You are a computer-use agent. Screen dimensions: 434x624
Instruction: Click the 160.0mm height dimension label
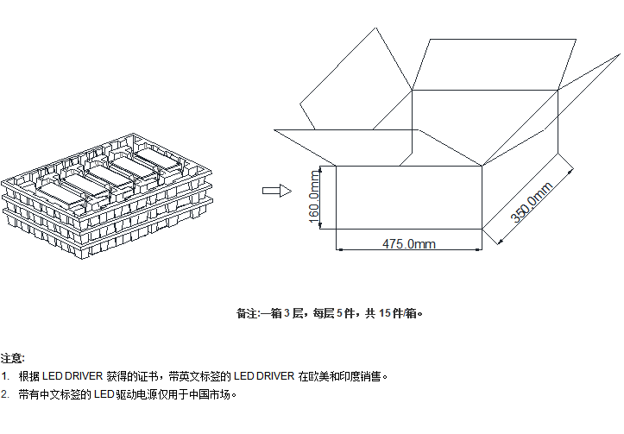(315, 198)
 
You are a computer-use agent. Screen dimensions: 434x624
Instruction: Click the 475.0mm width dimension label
(408, 244)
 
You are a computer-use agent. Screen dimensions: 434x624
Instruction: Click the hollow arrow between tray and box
(274, 191)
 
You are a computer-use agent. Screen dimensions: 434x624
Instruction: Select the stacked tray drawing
(108, 197)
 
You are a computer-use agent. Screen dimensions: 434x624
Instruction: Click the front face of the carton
(408, 197)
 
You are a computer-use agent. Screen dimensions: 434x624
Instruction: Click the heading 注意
(12, 357)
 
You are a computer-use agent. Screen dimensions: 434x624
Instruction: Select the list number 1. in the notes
(6, 376)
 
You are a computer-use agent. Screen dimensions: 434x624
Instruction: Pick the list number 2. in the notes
(6, 394)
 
